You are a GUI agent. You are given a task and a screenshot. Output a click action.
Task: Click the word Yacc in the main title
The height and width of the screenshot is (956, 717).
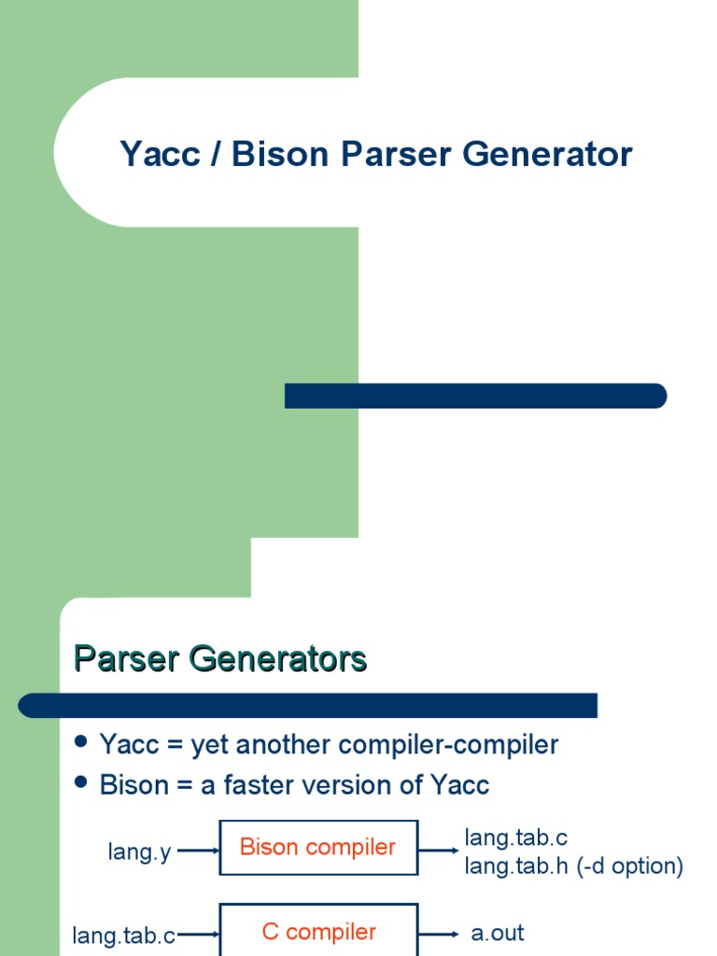point(160,154)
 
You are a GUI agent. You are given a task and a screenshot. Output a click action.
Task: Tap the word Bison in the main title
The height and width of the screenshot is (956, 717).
point(280,154)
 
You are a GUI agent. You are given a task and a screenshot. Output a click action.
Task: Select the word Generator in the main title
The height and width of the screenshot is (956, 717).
point(547,154)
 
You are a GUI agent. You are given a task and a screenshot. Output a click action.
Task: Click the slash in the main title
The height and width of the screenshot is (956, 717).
point(216,154)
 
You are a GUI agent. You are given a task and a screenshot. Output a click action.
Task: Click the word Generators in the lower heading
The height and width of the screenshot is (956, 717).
point(277,658)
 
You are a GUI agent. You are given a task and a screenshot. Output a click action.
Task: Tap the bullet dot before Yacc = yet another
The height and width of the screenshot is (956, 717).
point(80,741)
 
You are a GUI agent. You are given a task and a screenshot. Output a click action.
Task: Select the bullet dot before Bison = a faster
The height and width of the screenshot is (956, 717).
point(80,781)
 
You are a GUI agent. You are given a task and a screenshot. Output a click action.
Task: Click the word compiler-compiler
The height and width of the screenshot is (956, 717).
point(448,744)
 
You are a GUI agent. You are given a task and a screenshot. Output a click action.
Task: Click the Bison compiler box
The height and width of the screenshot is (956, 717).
point(319,848)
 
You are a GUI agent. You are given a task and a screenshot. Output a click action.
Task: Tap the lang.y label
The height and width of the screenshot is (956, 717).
point(140,851)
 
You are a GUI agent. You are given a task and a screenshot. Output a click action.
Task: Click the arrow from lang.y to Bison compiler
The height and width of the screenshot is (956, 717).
point(198,851)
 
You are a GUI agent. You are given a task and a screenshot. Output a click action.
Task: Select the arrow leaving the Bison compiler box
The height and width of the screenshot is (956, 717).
point(439,851)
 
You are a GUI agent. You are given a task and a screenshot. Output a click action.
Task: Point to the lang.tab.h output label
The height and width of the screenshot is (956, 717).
point(516,865)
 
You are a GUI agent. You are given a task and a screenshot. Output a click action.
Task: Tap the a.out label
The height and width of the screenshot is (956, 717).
point(498,933)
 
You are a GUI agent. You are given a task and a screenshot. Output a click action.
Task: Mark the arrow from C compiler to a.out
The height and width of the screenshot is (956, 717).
point(439,934)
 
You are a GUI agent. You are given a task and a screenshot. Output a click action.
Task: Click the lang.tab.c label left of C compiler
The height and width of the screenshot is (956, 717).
point(124,935)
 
